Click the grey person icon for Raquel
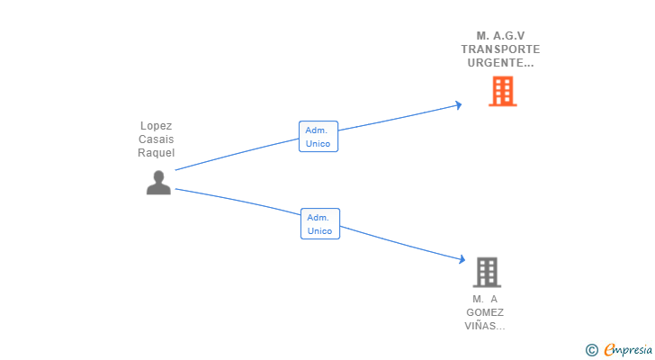(x=158, y=183)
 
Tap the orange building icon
(x=503, y=91)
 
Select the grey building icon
(x=487, y=271)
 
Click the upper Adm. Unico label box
(x=319, y=137)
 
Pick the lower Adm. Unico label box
(x=319, y=224)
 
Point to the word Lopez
(x=157, y=126)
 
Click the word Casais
(x=157, y=139)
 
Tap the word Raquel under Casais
(x=157, y=153)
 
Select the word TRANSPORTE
(x=500, y=49)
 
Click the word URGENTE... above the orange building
(x=500, y=63)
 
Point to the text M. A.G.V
(x=500, y=36)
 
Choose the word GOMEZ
(x=485, y=312)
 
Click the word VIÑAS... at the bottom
(x=485, y=326)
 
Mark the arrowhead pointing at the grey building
(x=461, y=258)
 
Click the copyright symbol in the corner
(x=592, y=349)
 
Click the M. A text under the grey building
(x=485, y=299)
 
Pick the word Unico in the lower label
(x=319, y=231)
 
